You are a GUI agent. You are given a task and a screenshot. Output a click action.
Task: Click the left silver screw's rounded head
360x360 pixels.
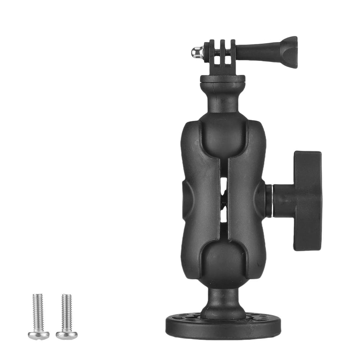click(x=38, y=335)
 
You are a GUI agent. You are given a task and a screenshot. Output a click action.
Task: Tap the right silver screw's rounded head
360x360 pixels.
click(x=67, y=335)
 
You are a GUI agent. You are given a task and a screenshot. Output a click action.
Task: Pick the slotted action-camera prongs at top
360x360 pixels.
click(x=223, y=55)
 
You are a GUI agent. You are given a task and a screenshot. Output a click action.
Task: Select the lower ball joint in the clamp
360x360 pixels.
click(x=223, y=261)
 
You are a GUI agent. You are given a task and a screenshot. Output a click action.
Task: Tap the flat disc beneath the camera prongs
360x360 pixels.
click(x=223, y=79)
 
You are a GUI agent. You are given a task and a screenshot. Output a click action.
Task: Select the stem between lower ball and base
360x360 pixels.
click(x=223, y=301)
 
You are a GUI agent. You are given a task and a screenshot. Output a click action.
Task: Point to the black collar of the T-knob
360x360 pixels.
click(x=282, y=199)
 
